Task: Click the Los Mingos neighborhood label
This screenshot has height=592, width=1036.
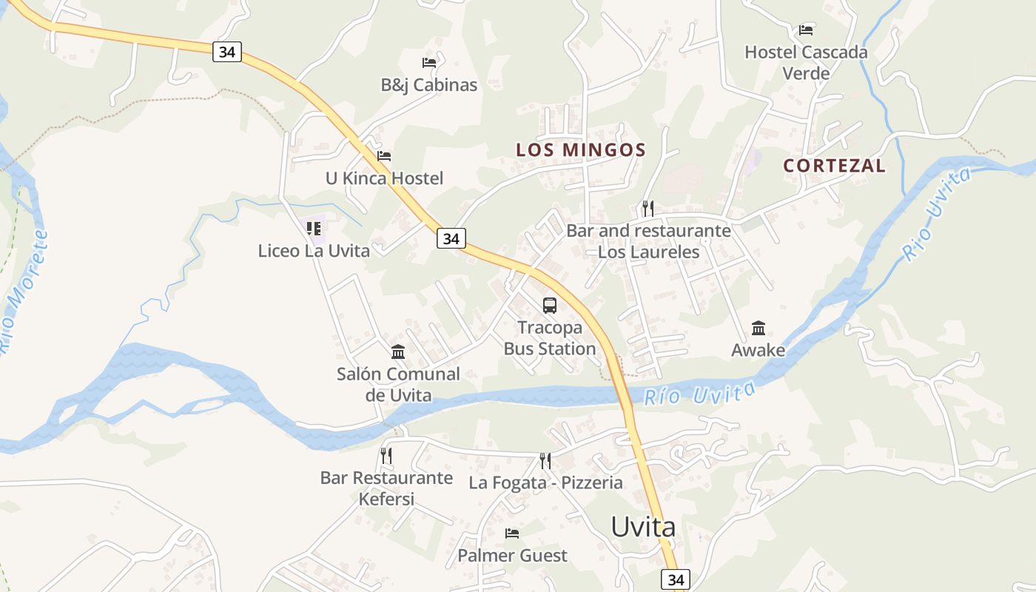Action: tap(581, 149)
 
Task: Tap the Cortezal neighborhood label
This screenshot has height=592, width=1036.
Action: tap(834, 166)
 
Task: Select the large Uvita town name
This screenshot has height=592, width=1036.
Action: tap(642, 527)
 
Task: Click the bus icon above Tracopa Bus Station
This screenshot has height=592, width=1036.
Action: tap(549, 305)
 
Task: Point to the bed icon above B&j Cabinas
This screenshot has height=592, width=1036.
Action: tap(429, 63)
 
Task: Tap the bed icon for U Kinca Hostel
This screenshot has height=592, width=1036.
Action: tap(384, 156)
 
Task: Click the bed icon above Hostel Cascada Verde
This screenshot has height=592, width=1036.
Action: tap(806, 30)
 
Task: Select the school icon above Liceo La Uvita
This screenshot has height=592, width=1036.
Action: tap(314, 229)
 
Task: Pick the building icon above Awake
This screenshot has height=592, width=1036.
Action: tap(758, 328)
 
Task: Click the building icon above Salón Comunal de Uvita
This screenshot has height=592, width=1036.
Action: tap(398, 351)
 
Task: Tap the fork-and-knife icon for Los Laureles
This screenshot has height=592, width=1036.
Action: tap(648, 208)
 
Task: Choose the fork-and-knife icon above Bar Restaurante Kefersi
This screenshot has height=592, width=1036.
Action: tap(386, 456)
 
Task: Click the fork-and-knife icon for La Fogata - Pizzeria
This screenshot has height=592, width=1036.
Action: tap(545, 461)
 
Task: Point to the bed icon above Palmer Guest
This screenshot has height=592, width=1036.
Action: tap(512, 534)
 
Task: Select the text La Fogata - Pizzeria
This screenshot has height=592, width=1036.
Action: tap(545, 483)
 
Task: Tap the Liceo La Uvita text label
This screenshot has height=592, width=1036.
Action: tap(314, 251)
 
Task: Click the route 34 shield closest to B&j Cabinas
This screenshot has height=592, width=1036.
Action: tap(227, 52)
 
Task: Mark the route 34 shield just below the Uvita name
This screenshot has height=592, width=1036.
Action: tap(676, 579)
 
